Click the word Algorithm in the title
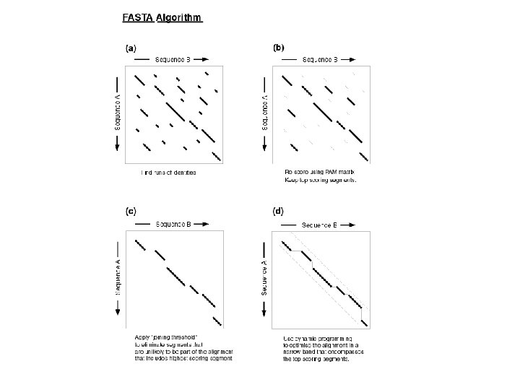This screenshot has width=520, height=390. pos(180,17)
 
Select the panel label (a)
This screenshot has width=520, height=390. pos(131,48)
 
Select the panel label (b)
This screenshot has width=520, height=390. pos(279,48)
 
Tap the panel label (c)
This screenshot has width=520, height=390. pos(131,211)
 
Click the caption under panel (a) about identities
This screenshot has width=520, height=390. pos(168,173)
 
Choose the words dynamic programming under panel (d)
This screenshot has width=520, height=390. pos(324,338)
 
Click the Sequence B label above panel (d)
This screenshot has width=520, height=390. pos(318,225)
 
